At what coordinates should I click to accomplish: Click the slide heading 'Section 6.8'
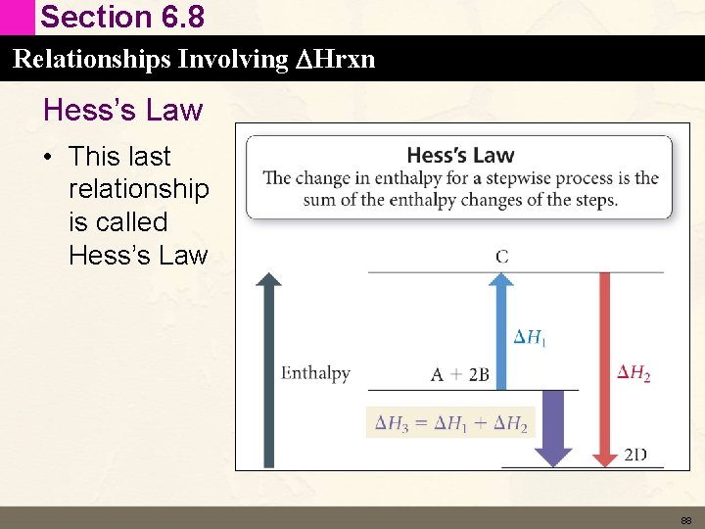pyautogui.click(x=122, y=18)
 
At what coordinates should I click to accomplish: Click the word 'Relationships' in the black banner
pyautogui.click(x=79, y=60)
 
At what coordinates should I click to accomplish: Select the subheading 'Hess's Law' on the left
pyautogui.click(x=122, y=110)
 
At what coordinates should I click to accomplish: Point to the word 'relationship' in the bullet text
pyautogui.click(x=139, y=189)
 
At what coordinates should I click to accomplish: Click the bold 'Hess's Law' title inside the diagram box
pyautogui.click(x=459, y=155)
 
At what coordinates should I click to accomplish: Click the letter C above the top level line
pyautogui.click(x=501, y=257)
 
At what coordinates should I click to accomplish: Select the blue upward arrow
pyautogui.click(x=501, y=328)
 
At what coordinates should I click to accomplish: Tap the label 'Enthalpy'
pyautogui.click(x=315, y=373)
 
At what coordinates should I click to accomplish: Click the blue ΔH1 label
pyautogui.click(x=530, y=338)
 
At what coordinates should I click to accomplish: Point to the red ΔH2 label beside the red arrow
pyautogui.click(x=634, y=373)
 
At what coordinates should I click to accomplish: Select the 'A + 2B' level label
pyautogui.click(x=459, y=374)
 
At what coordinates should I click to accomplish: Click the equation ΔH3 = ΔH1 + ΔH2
pyautogui.click(x=450, y=423)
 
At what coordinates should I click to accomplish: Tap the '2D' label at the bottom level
pyautogui.click(x=635, y=454)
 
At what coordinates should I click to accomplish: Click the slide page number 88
pyautogui.click(x=686, y=520)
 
